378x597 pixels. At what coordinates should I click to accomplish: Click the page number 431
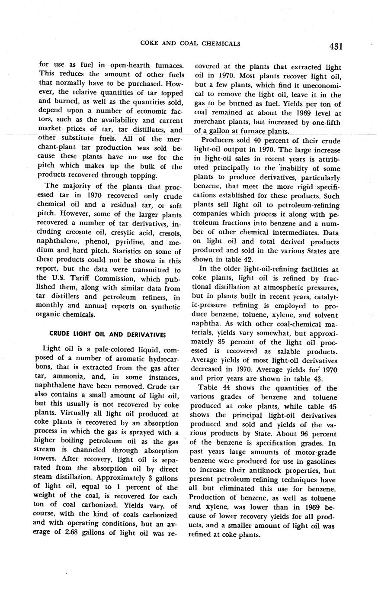tap(335, 46)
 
